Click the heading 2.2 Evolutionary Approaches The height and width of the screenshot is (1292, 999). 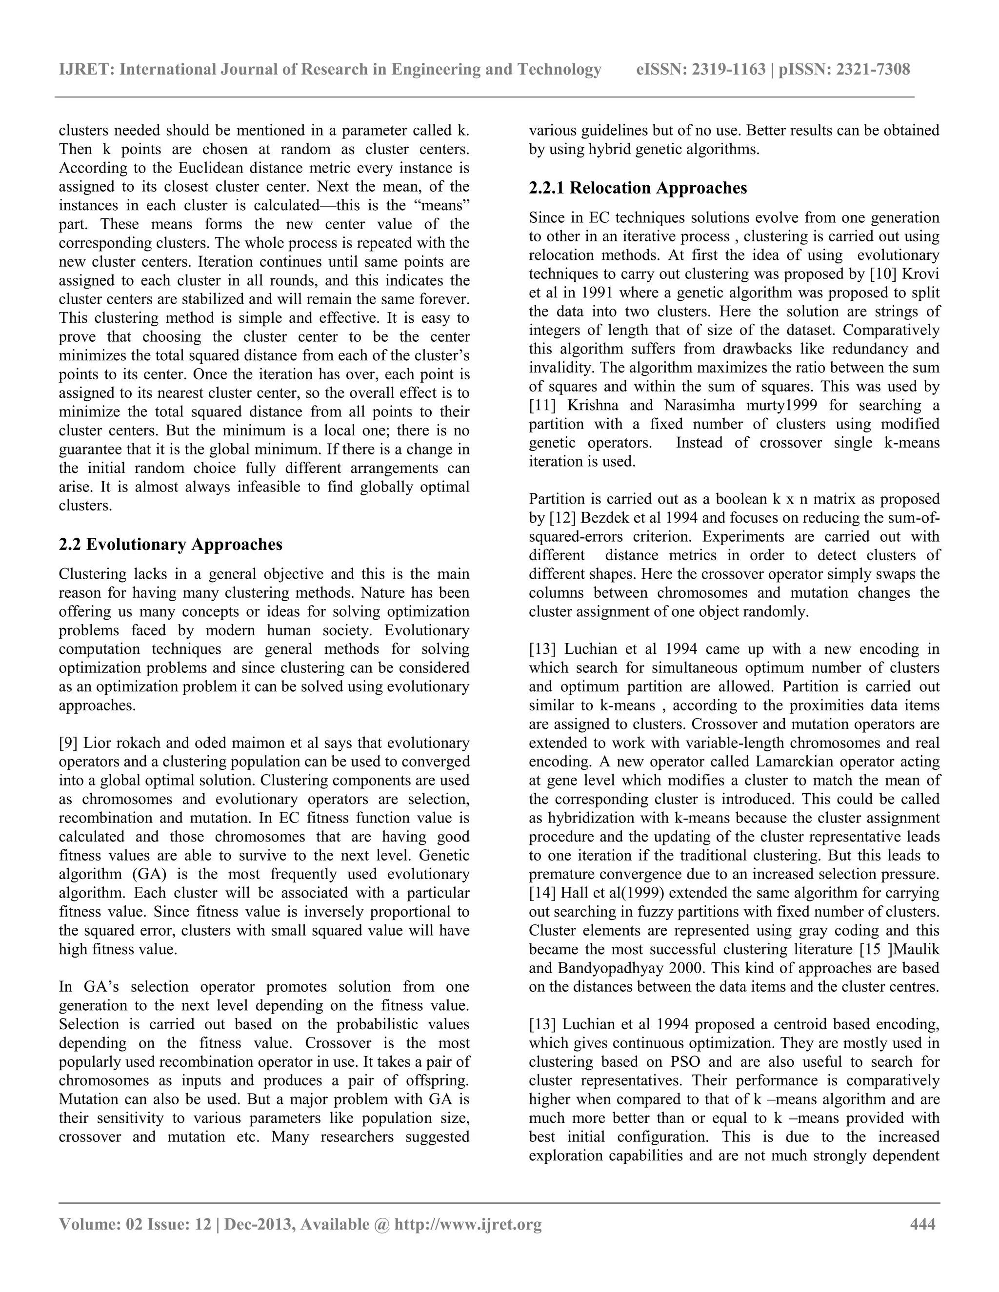[x=170, y=544]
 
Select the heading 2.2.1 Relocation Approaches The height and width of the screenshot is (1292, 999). [x=638, y=188]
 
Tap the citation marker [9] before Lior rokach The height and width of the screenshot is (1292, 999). [x=69, y=743]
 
